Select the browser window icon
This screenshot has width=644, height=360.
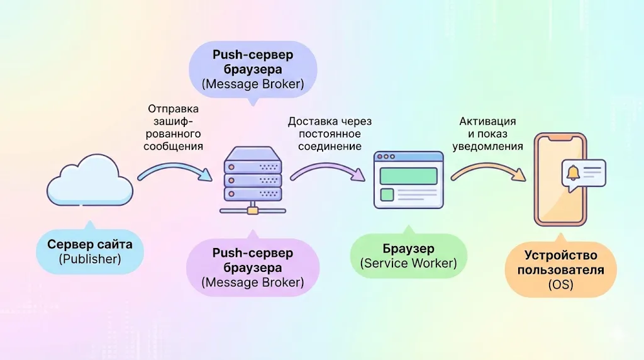click(409, 179)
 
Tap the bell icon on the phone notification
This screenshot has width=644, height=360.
click(573, 172)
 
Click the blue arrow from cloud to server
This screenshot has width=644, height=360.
click(175, 169)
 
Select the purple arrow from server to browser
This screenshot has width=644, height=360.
click(327, 169)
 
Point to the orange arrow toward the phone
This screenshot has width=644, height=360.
click(488, 169)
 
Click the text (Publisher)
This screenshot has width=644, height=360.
click(89, 258)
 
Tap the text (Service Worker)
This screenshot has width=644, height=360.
click(409, 263)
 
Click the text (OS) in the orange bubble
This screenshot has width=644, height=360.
click(560, 286)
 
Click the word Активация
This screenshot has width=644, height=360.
click(487, 121)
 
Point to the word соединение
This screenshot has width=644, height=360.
click(325, 146)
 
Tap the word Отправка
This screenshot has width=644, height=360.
click(173, 108)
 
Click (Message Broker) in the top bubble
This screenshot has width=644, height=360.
click(253, 84)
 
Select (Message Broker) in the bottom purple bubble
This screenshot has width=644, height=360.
click(253, 283)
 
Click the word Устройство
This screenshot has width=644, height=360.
click(560, 256)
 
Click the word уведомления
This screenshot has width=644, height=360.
click(487, 146)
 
